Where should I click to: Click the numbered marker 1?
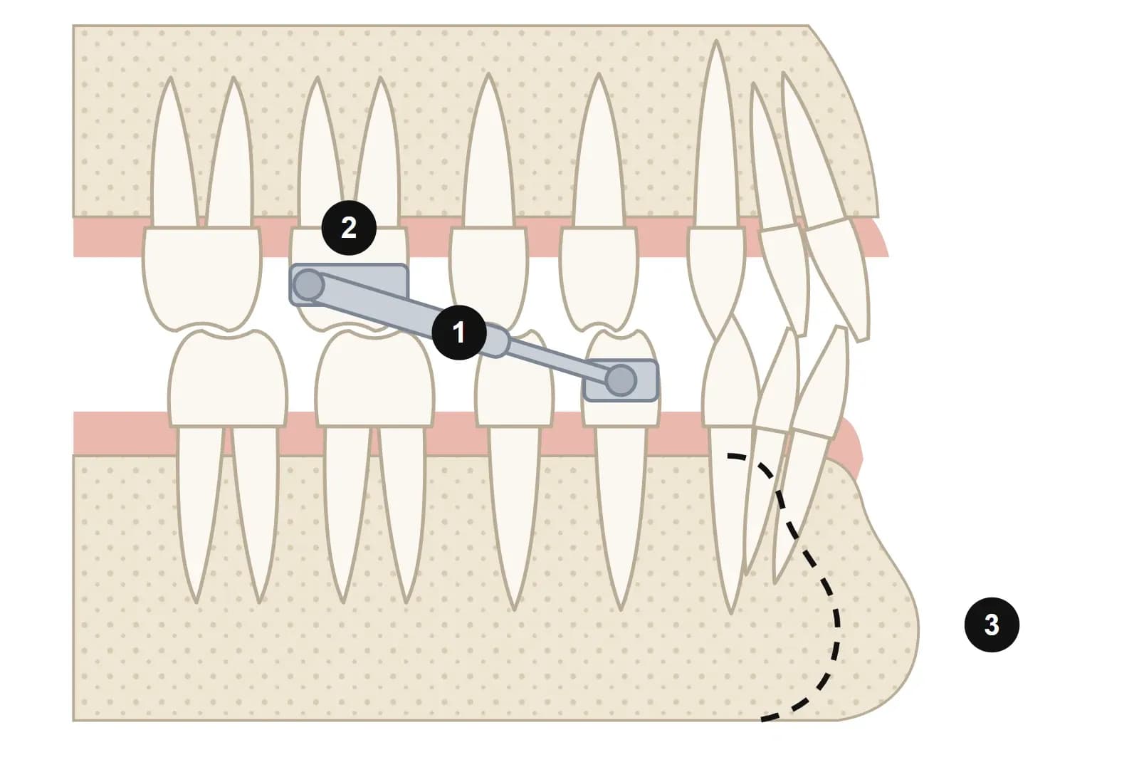[458, 333]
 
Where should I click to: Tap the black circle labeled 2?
[349, 228]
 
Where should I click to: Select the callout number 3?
[992, 625]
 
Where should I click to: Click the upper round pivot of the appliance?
[309, 286]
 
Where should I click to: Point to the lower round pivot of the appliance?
[621, 380]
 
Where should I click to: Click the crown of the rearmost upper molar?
[202, 277]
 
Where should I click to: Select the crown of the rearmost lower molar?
[228, 379]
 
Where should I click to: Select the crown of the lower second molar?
[374, 379]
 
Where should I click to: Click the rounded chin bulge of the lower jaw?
[885, 600]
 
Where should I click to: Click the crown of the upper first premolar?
[599, 277]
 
